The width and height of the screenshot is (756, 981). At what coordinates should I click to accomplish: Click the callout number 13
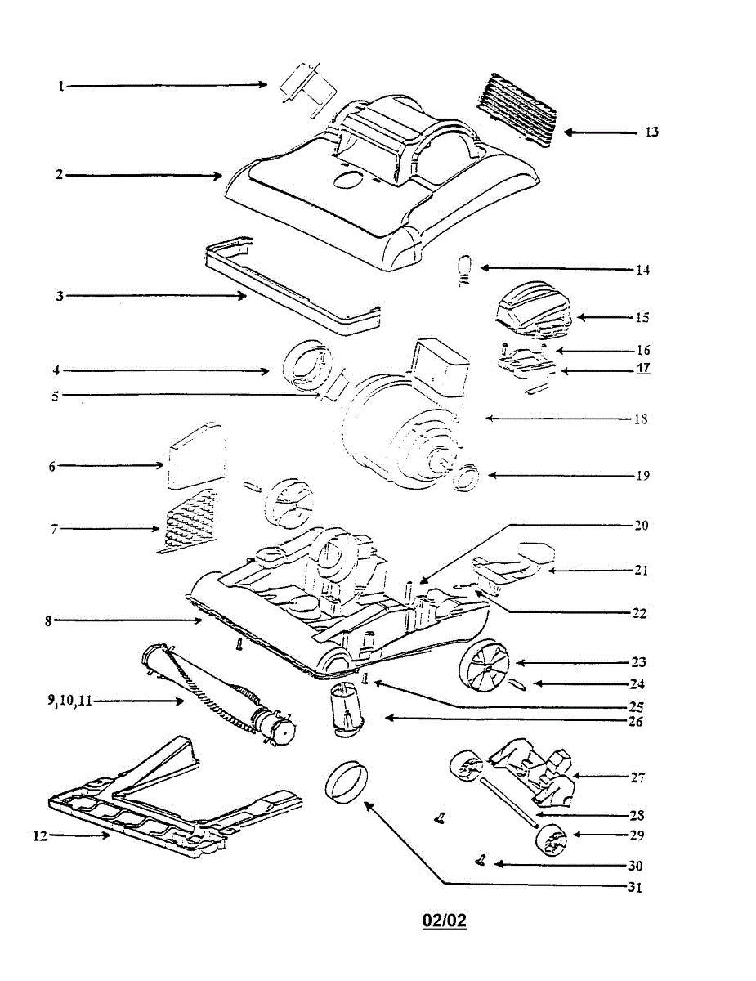(x=651, y=132)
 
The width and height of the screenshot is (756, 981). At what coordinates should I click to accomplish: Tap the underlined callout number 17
(x=643, y=369)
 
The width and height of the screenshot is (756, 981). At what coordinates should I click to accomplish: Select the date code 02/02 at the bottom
(x=444, y=921)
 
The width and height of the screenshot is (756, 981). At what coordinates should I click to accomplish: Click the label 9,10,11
(x=69, y=700)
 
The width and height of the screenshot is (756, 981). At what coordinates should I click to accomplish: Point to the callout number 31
(x=635, y=888)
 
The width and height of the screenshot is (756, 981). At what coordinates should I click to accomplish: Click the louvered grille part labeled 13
(x=521, y=108)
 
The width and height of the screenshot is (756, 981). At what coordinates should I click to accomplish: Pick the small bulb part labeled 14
(x=463, y=268)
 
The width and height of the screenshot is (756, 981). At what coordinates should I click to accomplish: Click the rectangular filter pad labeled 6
(x=195, y=456)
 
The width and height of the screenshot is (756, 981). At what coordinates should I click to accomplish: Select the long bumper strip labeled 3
(x=290, y=286)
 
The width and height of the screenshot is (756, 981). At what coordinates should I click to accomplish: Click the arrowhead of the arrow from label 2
(x=218, y=175)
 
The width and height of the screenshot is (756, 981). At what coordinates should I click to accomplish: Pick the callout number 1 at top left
(x=60, y=85)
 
